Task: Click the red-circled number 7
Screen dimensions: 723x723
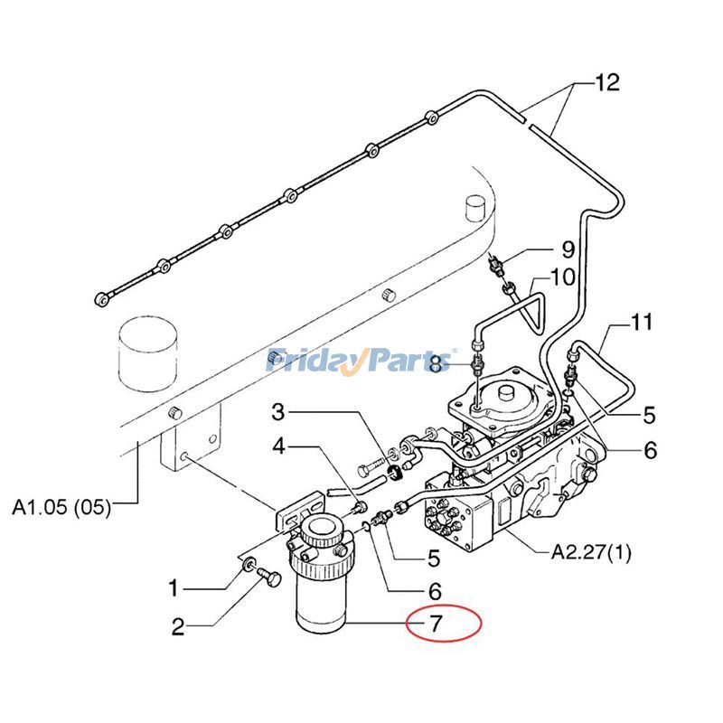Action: click(437, 624)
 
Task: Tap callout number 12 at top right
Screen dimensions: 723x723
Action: click(607, 82)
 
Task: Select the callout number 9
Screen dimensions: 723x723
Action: click(568, 249)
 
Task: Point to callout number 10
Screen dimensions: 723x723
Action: click(562, 277)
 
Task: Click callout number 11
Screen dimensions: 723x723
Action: click(642, 322)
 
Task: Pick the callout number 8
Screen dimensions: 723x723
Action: click(437, 364)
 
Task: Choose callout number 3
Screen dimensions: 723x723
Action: click(278, 412)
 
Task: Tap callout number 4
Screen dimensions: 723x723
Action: click(279, 446)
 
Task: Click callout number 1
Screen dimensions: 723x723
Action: click(174, 588)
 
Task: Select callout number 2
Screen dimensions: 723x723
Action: click(178, 626)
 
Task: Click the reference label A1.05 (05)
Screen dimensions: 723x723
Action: click(61, 507)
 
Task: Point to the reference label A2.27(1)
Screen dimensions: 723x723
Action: click(591, 551)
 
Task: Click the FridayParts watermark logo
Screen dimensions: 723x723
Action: click(361, 360)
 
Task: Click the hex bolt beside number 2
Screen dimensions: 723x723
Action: click(269, 577)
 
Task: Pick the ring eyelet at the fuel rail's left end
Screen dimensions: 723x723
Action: click(102, 299)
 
